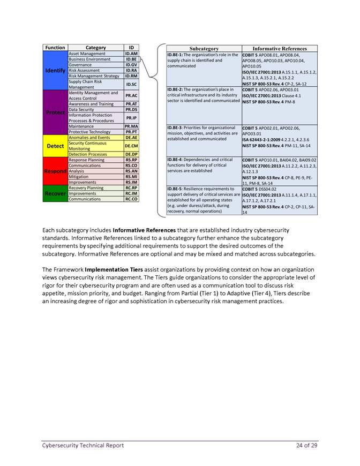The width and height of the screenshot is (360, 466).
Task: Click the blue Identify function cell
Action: coord(55,71)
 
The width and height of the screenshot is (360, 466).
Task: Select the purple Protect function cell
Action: coord(55,112)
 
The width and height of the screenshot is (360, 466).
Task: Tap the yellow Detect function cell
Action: coord(55,146)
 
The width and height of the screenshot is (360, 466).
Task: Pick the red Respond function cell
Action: coord(55,171)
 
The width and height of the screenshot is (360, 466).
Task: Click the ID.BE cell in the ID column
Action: coord(131,59)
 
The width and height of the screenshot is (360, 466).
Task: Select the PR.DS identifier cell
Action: coord(131,109)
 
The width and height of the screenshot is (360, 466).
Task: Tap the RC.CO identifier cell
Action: coord(131,199)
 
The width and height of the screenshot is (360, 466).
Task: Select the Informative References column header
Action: coord(280,48)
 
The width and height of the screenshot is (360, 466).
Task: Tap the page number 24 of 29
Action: coord(306,445)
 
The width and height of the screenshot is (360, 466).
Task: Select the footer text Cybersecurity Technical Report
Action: coord(83,445)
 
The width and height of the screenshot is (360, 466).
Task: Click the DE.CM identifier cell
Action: coord(131,146)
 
